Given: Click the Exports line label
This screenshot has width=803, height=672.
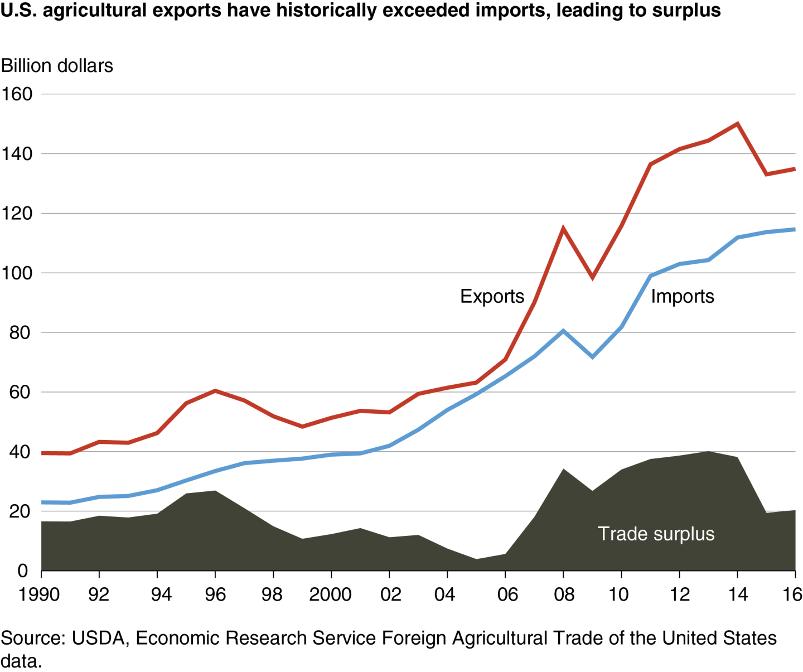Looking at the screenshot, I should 492,296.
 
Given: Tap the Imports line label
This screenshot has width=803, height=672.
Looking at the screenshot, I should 682,296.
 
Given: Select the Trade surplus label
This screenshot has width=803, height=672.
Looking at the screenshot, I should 656,534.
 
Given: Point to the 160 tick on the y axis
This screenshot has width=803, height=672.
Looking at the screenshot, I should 17,94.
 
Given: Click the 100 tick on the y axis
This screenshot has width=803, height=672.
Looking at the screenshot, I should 17,273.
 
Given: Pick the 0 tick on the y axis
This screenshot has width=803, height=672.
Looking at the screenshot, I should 22,571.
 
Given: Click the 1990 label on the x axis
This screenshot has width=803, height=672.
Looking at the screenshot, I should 39,594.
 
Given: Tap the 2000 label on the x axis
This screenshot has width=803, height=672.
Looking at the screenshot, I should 330,594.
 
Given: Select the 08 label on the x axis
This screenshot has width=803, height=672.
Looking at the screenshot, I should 564,594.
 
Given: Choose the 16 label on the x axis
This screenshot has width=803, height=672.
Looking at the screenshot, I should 792,594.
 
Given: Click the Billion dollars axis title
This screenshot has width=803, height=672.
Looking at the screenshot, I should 57,66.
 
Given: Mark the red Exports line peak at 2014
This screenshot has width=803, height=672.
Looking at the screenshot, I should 737,124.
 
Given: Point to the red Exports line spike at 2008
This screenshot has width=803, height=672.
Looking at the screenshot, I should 563,228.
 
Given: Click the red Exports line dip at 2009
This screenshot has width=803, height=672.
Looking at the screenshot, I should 592,277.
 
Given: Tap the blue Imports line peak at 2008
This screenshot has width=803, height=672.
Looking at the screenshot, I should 563,331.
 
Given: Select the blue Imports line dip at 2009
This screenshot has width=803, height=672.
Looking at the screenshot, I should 592,357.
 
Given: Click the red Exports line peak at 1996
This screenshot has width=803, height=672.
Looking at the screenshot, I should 215,391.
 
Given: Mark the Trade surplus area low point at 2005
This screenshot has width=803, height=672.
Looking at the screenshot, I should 476,559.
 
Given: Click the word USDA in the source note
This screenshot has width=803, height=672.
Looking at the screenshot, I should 98,638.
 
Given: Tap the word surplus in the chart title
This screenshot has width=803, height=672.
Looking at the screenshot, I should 687,10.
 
